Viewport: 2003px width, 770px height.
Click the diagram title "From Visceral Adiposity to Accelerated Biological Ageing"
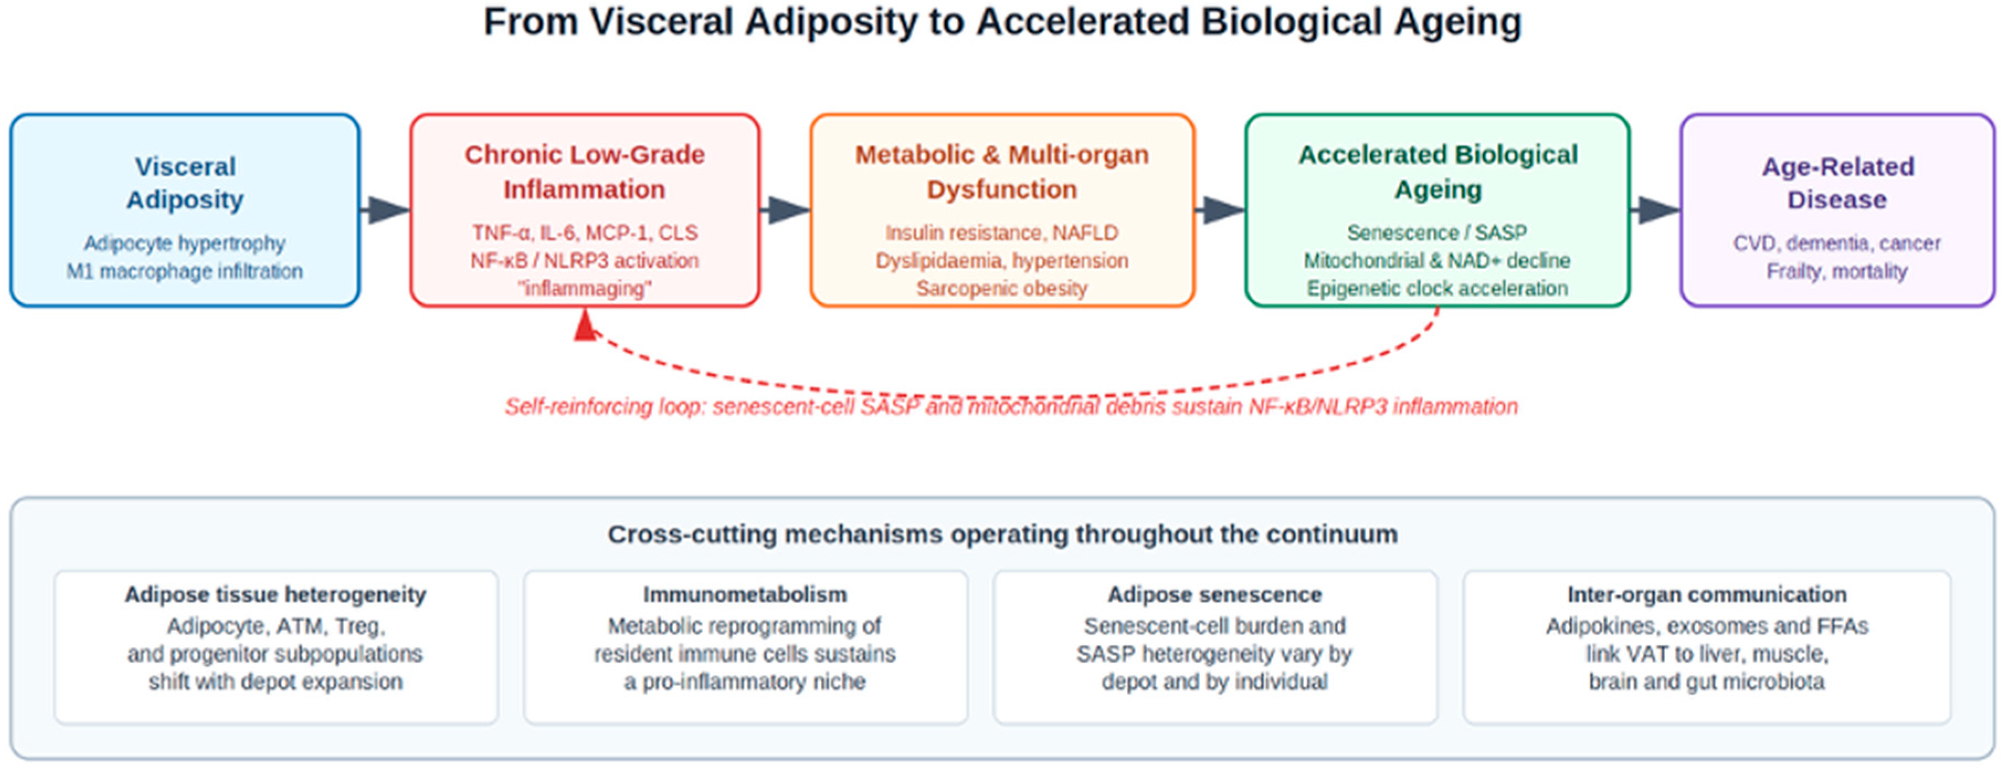coord(1002,22)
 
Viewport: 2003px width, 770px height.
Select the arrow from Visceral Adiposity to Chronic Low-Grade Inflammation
coord(385,209)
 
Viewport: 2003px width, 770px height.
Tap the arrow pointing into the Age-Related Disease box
coord(1655,209)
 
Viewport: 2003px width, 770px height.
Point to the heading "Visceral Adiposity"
coord(185,183)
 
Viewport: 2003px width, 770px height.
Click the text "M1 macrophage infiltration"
coord(184,271)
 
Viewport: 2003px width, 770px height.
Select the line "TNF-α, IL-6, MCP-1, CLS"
coord(585,233)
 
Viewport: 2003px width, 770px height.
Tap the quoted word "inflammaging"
coord(585,288)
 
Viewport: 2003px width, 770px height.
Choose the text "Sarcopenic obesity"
coord(1002,288)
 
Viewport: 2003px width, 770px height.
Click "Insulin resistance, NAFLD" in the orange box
coord(1002,233)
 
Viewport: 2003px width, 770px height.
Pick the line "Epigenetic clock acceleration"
coord(1437,288)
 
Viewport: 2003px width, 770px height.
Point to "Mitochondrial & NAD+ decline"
coord(1437,261)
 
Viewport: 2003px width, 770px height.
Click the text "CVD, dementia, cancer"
coord(1837,244)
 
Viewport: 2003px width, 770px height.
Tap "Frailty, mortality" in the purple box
coord(1837,271)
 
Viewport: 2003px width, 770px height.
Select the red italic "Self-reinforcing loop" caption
coord(1011,407)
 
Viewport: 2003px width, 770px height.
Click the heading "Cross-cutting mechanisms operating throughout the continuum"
coord(1002,534)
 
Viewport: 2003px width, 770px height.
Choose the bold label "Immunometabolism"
coord(745,595)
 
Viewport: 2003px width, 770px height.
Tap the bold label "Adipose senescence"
coord(1214,595)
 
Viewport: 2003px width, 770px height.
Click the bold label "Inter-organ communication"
coord(1707,595)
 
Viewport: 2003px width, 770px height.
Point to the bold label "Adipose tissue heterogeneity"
coord(275,595)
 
